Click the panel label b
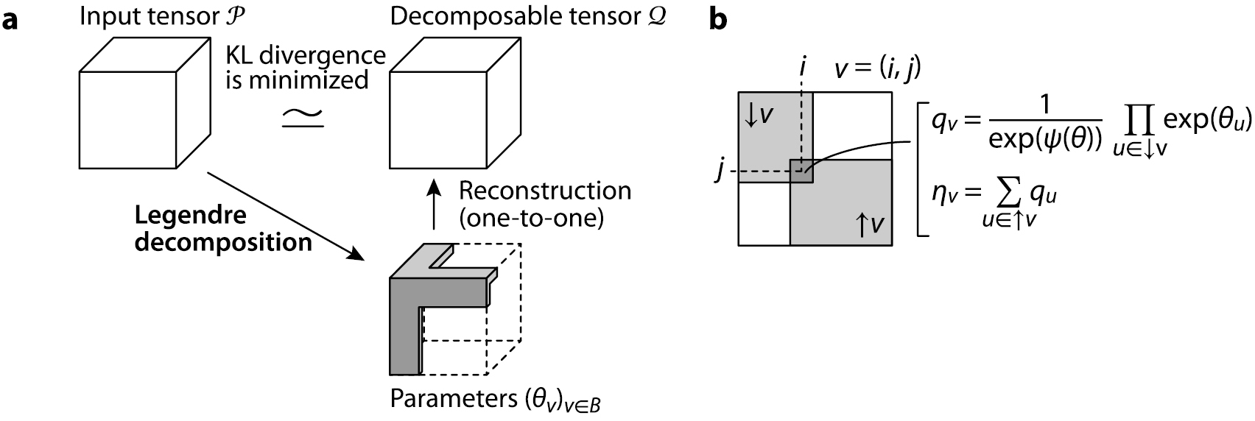[x=717, y=20]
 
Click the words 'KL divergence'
[x=306, y=56]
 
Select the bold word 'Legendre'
[x=190, y=216]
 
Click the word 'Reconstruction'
[x=544, y=191]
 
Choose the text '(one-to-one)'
[x=531, y=219]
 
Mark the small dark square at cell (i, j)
[x=801, y=171]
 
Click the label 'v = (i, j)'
[x=877, y=70]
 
